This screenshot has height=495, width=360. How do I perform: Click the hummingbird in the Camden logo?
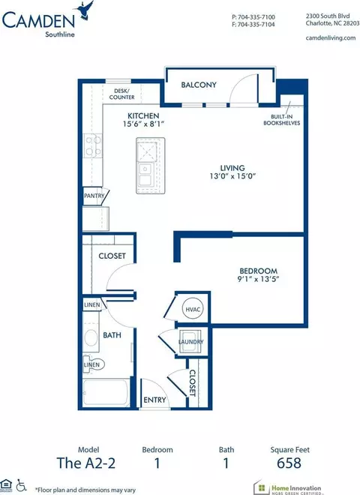84,10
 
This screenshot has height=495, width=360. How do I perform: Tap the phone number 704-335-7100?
256,16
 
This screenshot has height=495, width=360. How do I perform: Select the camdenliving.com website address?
331,38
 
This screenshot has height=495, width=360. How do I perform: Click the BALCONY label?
199,85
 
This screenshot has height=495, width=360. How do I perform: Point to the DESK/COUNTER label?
122,94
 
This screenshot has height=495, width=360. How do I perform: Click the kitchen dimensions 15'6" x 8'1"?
144,124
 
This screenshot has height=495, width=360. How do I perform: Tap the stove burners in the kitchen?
93,145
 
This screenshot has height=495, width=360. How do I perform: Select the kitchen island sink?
145,174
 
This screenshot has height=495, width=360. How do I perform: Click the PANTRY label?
94,196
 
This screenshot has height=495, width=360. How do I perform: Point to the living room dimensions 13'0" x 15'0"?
232,175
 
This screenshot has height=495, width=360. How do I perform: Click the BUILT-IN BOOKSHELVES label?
282,120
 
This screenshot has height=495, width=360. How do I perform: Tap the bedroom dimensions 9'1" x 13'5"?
258,279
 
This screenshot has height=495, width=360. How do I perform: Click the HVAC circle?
193,309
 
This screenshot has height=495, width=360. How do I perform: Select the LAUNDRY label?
190,341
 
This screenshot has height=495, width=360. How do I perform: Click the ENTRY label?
154,400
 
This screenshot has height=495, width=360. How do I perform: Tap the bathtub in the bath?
106,391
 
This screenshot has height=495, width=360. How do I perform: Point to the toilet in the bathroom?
93,364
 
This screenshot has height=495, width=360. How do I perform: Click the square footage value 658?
289,463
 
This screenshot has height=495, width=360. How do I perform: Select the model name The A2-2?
86,463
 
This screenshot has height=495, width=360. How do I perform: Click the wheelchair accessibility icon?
21,485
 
